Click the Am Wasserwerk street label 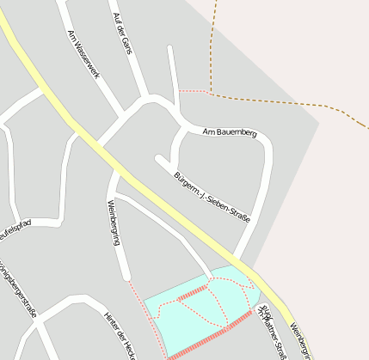click(83, 54)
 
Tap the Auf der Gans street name click(122, 34)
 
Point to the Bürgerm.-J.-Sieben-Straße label click(212, 197)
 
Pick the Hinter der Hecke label click(120, 334)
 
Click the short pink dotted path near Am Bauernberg click(194, 90)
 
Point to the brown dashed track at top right click(284, 102)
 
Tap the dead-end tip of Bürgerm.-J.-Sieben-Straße click(159, 158)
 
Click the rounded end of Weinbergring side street click(126, 277)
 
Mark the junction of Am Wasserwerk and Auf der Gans click(142, 101)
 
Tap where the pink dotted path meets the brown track click(210, 91)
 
